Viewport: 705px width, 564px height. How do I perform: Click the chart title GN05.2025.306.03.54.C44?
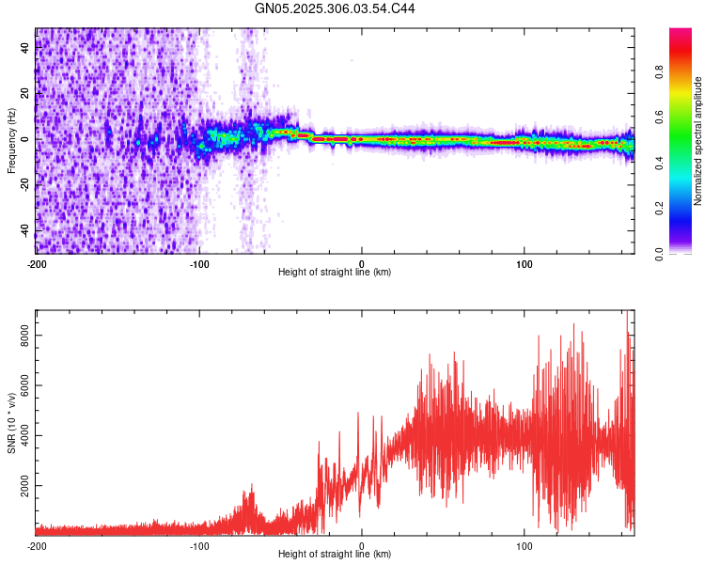pos(336,8)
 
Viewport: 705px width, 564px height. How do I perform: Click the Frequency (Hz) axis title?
pos(11,140)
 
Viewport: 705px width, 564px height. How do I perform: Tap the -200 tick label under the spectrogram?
pos(37,263)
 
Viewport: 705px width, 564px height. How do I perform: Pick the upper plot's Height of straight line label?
pos(335,273)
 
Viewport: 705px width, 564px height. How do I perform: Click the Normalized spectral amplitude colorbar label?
pos(697,140)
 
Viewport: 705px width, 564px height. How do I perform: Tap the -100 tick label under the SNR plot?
pos(199,545)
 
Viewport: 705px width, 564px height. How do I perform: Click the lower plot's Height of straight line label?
pos(335,555)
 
